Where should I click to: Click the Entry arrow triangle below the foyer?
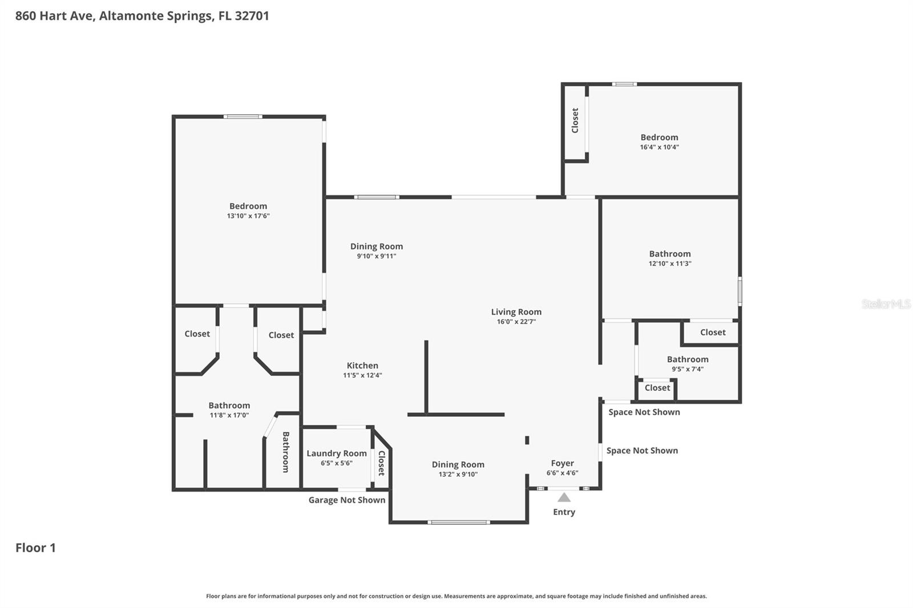point(564,497)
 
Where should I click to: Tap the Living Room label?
point(516,312)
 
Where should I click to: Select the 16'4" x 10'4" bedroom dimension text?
point(659,147)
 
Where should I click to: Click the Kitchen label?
point(362,366)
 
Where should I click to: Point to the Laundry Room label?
point(337,453)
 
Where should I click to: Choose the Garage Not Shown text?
point(346,500)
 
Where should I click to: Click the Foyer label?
point(562,463)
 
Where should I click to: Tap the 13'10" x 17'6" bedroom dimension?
point(248,216)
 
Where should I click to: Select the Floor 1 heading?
point(35,548)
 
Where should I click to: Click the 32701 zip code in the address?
point(252,15)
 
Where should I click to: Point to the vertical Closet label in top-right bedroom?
point(575,120)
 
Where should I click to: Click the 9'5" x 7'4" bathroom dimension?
point(688,369)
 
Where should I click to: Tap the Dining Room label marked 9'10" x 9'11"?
point(377,246)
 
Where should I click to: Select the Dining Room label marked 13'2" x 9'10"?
point(458,465)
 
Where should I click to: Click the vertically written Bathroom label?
point(286,452)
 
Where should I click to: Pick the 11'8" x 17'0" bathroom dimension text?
point(229,415)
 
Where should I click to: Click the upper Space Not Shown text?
point(644,412)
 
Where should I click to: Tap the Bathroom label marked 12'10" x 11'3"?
point(670,254)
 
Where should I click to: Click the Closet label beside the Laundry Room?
point(381,463)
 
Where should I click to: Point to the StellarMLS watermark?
point(886,304)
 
